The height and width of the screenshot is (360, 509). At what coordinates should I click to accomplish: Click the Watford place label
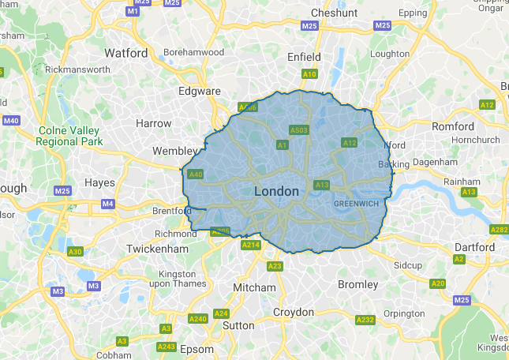point(126,53)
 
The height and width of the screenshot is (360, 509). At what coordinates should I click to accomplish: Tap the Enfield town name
point(304,57)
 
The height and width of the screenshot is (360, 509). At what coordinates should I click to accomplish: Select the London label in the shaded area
point(277,192)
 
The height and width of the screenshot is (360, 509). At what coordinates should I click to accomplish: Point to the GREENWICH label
point(357,203)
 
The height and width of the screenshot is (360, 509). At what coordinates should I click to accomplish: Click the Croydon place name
point(294,312)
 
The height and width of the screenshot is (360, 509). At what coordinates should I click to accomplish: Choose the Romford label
point(453,126)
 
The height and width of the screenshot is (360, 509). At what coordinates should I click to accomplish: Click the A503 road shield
point(298,129)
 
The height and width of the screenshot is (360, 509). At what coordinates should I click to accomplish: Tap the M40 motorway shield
point(11,120)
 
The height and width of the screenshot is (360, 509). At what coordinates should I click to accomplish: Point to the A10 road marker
point(309,74)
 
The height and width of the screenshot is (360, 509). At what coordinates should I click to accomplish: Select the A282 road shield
point(499,230)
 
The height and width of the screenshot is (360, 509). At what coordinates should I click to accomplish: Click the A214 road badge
point(251,246)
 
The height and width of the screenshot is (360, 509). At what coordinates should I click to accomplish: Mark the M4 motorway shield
point(108,204)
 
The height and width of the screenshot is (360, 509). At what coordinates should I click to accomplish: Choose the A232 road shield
point(365,320)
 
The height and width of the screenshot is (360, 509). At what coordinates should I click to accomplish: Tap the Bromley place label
point(357,284)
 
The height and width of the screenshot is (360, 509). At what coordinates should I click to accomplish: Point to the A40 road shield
point(196,174)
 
